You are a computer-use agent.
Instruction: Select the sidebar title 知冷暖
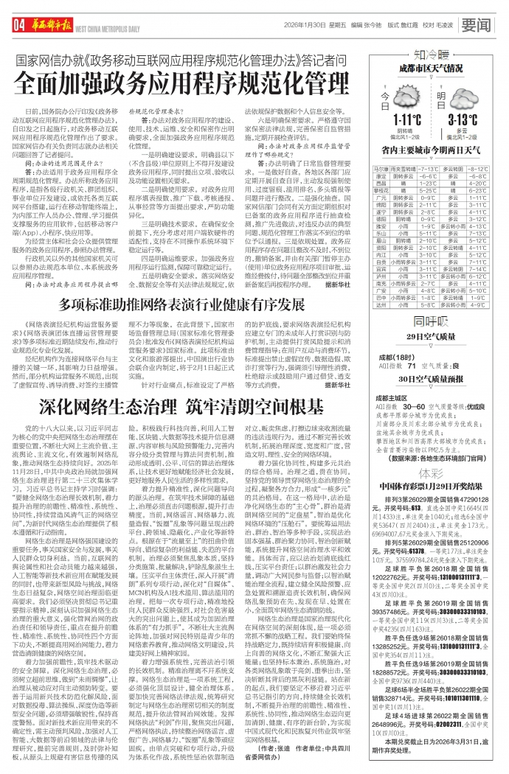point(432,54)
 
